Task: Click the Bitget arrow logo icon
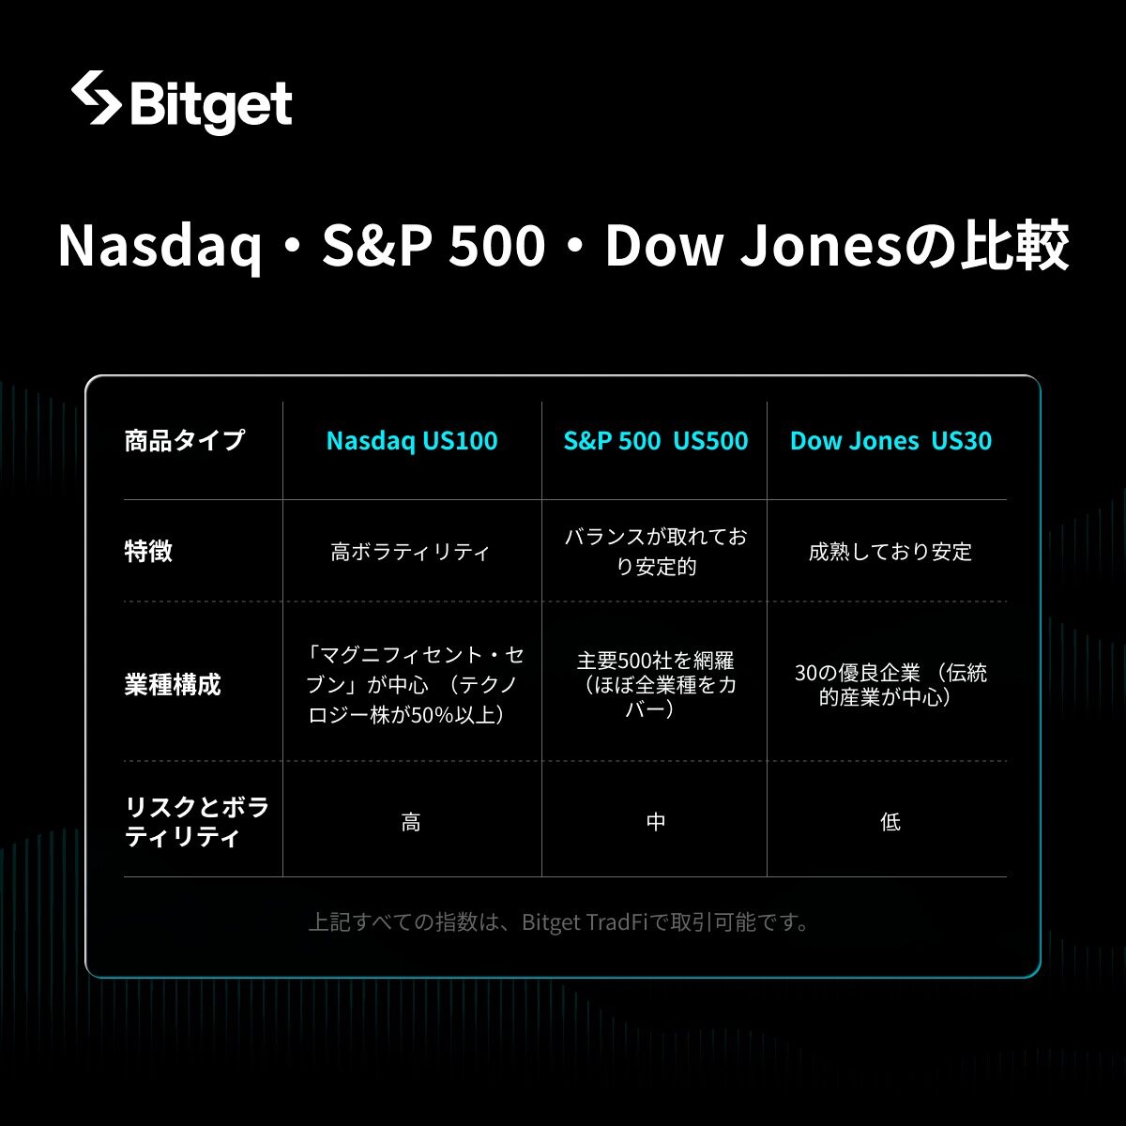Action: click(97, 98)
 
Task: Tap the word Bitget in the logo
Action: click(211, 105)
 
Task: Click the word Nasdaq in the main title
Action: click(159, 247)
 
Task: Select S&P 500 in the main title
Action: click(434, 246)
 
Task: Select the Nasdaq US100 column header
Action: click(412, 441)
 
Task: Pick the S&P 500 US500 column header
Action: click(656, 441)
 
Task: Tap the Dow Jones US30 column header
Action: click(890, 441)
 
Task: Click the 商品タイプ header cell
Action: click(185, 441)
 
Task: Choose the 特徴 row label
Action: click(148, 551)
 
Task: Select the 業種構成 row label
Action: click(173, 684)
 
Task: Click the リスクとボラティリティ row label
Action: click(196, 822)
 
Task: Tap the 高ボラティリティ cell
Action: click(410, 552)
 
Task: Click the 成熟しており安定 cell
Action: click(890, 552)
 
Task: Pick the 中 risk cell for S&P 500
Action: click(656, 822)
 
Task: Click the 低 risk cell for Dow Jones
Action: click(890, 822)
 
